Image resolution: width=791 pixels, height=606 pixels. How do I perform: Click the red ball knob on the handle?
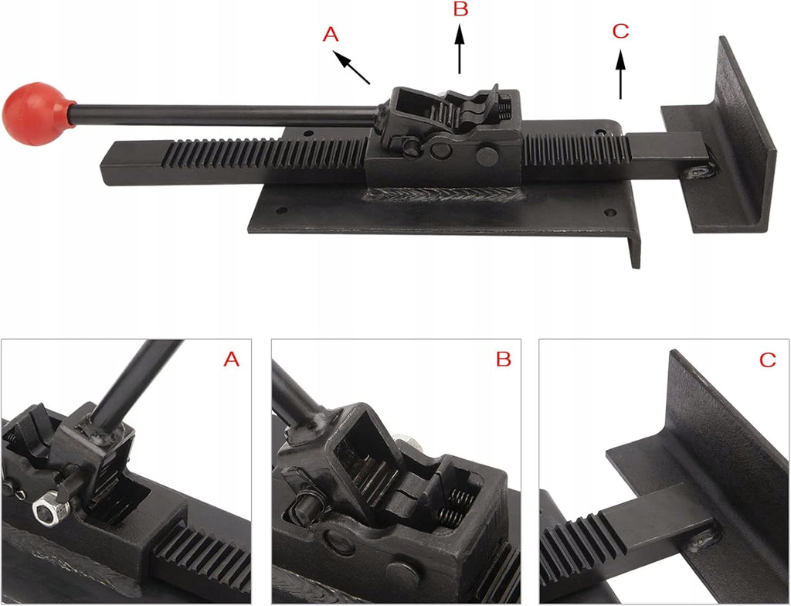click(37, 114)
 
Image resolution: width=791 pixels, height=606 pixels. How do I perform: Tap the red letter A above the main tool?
click(331, 35)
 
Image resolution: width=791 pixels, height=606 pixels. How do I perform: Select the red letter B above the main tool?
click(460, 9)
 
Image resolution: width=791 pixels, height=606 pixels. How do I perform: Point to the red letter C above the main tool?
click(620, 32)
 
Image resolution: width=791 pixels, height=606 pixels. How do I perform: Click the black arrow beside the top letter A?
click(351, 66)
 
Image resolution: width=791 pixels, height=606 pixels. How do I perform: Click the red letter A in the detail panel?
click(231, 359)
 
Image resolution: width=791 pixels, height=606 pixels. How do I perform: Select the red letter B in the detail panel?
click(504, 359)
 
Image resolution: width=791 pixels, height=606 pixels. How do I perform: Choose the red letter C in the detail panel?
click(767, 360)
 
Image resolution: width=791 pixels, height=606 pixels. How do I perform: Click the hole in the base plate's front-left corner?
click(282, 210)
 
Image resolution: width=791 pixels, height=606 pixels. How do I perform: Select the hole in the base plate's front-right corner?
click(610, 213)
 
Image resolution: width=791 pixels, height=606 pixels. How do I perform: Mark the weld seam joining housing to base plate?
click(444, 194)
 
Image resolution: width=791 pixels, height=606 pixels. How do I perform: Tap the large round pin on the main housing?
click(487, 156)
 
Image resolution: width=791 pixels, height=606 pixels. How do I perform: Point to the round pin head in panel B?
click(402, 574)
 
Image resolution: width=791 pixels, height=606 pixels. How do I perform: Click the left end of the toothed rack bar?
click(103, 165)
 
